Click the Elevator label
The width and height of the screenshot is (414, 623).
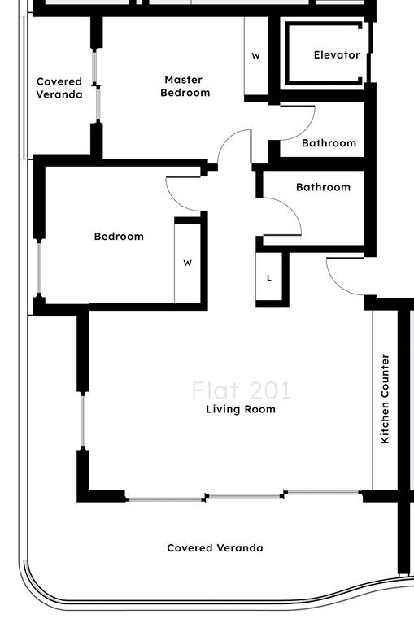click(x=337, y=55)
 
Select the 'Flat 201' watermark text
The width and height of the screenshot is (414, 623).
click(x=241, y=390)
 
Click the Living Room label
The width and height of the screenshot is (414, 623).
click(x=240, y=409)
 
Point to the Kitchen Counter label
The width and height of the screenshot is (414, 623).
click(x=386, y=399)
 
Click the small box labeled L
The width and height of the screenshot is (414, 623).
click(x=270, y=278)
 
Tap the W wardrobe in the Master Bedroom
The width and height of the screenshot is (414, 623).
click(x=255, y=57)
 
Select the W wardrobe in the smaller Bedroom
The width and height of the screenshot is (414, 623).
click(x=187, y=263)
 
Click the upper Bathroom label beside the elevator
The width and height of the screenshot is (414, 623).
click(x=329, y=143)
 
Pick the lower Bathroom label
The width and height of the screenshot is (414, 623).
click(x=323, y=187)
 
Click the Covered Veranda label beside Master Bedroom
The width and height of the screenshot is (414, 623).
click(x=59, y=88)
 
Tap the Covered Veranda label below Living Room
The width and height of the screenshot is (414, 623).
click(x=215, y=548)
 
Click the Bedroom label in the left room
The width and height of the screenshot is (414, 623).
click(x=119, y=237)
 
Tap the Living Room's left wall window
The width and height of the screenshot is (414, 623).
click(x=82, y=420)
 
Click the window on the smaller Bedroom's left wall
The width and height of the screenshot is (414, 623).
click(x=37, y=268)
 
